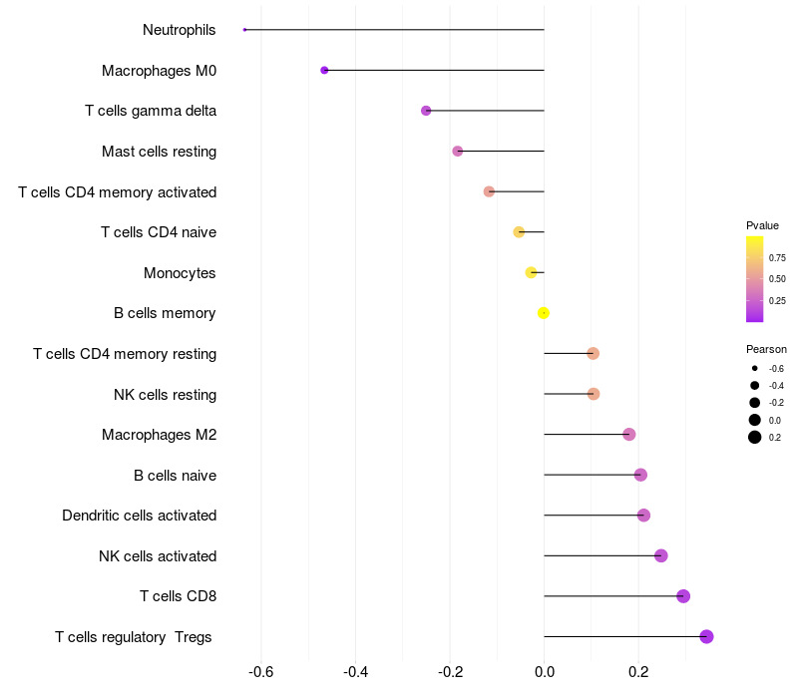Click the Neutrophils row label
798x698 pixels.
(180, 30)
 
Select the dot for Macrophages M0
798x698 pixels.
(324, 71)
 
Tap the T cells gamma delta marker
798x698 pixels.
(426, 111)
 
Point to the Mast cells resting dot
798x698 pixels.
(458, 152)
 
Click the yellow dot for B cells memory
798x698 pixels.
(544, 313)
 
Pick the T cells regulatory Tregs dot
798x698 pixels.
(706, 637)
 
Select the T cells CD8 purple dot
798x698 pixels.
(683, 596)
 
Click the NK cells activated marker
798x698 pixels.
(660, 555)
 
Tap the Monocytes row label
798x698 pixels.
(180, 273)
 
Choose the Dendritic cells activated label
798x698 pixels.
(140, 516)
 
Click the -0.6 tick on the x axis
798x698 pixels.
(261, 671)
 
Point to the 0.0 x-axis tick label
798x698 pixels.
(544, 671)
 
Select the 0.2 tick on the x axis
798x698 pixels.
(638, 671)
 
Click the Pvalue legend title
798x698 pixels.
(762, 225)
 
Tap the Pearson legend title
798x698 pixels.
(766, 349)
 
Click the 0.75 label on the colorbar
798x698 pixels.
(777, 257)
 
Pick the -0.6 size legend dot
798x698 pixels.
(755, 369)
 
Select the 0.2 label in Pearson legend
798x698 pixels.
(775, 438)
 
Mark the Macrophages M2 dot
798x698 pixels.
(628, 435)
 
